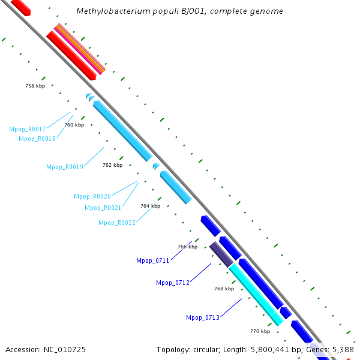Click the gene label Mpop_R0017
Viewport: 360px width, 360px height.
tap(28, 129)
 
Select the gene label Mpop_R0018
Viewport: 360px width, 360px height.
tap(37, 139)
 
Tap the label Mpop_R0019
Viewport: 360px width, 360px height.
tap(65, 167)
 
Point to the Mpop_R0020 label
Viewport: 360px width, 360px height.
tap(92, 196)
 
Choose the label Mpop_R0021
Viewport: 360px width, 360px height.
tap(103, 208)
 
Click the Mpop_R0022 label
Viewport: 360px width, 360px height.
tap(117, 223)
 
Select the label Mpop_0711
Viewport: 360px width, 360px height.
tap(153, 260)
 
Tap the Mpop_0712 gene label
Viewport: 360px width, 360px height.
tap(173, 283)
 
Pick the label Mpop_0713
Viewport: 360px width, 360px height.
tap(203, 317)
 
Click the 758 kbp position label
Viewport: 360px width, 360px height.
tap(35, 86)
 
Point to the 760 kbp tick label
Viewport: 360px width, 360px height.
tap(74, 125)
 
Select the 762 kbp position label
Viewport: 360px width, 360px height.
tap(112, 165)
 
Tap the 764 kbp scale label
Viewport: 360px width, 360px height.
tap(150, 206)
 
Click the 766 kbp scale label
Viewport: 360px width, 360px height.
tap(187, 247)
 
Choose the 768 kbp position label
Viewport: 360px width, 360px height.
tap(224, 289)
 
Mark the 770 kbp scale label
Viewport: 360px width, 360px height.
tap(260, 331)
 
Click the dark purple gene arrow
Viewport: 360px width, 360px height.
tap(221, 254)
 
